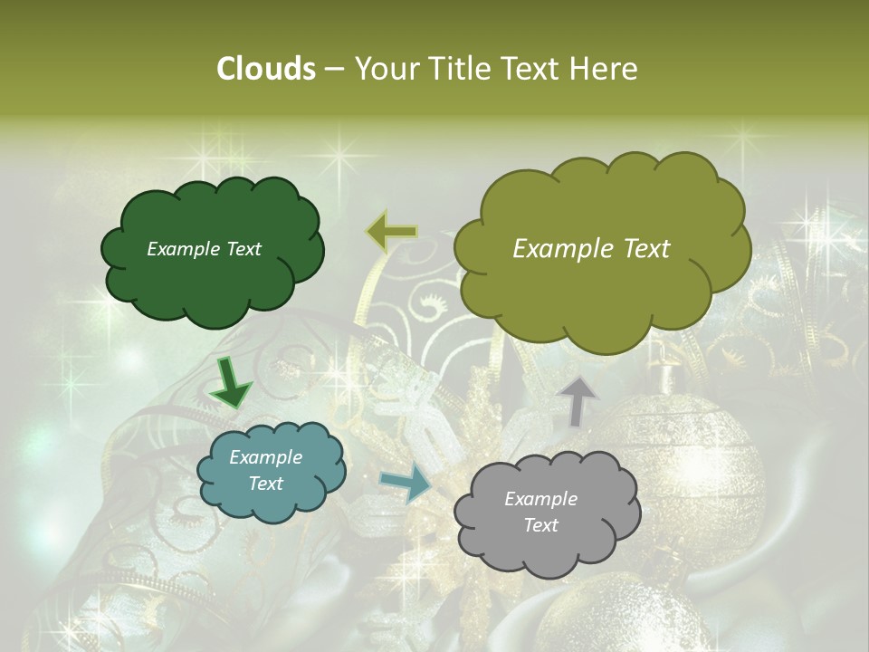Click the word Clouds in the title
click(x=265, y=69)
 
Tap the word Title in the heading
click(x=453, y=69)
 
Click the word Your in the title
click(x=383, y=69)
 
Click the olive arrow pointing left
click(x=392, y=233)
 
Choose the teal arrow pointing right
click(x=406, y=484)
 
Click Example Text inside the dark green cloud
click(x=204, y=249)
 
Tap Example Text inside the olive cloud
click(x=591, y=249)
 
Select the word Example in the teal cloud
click(x=265, y=457)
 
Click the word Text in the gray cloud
click(x=541, y=525)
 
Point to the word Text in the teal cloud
click(x=265, y=484)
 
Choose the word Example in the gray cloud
click(x=540, y=499)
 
